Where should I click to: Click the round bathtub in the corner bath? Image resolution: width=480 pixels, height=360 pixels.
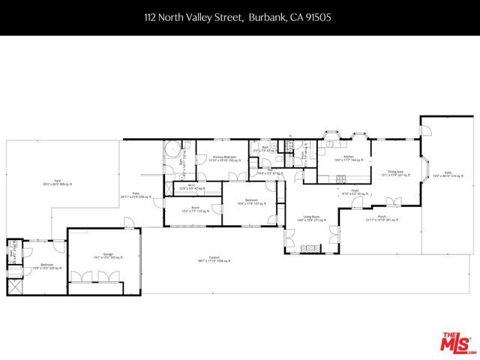pyautogui.click(x=171, y=148)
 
